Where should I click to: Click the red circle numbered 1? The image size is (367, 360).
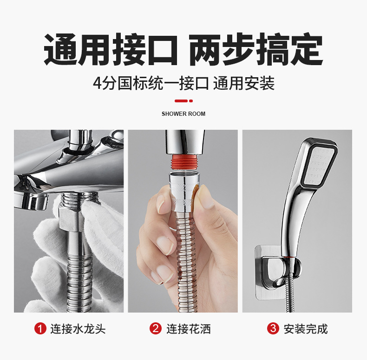40,328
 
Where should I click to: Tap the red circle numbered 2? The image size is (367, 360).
156,328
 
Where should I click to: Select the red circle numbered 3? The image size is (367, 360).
273,328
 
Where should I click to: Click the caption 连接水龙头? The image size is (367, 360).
78,328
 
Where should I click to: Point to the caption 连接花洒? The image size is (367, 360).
189,328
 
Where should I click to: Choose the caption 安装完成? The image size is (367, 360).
305,328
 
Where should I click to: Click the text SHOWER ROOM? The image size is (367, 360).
183,114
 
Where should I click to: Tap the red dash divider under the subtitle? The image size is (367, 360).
183,101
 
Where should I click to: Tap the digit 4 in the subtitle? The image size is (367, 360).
97,83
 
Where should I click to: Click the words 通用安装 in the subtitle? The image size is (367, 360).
243,83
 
